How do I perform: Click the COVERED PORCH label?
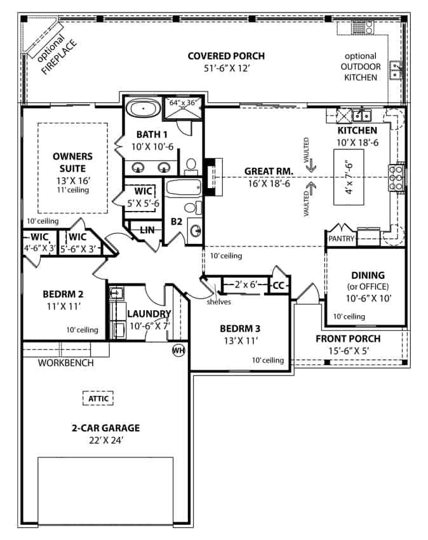click(x=226, y=56)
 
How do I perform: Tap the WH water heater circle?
click(x=178, y=350)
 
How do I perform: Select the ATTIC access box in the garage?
click(x=98, y=399)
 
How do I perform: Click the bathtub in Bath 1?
click(x=143, y=108)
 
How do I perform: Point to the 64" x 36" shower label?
click(x=183, y=102)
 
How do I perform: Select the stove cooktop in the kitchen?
click(x=396, y=177)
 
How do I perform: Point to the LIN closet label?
click(x=147, y=229)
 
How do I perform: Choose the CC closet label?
click(x=278, y=286)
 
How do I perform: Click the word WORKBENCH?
click(x=66, y=363)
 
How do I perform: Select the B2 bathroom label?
click(x=177, y=222)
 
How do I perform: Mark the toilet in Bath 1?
click(x=190, y=166)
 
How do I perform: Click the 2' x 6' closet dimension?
click(x=244, y=285)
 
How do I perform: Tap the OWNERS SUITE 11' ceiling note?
click(x=72, y=190)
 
